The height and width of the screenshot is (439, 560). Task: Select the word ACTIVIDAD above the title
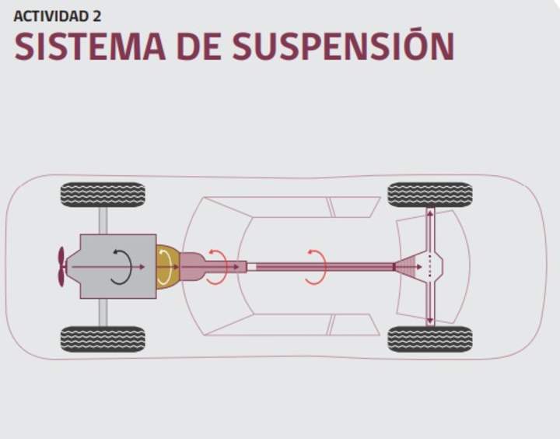51,16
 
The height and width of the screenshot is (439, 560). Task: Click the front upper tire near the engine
103,195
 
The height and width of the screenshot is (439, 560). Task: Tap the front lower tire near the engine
103,339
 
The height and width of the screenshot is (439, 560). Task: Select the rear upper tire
430,195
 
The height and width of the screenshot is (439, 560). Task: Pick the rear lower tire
430,339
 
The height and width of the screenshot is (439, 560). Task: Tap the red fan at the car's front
61,267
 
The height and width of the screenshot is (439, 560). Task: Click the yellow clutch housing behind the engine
167,267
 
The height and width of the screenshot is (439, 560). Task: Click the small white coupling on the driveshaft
251,267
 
